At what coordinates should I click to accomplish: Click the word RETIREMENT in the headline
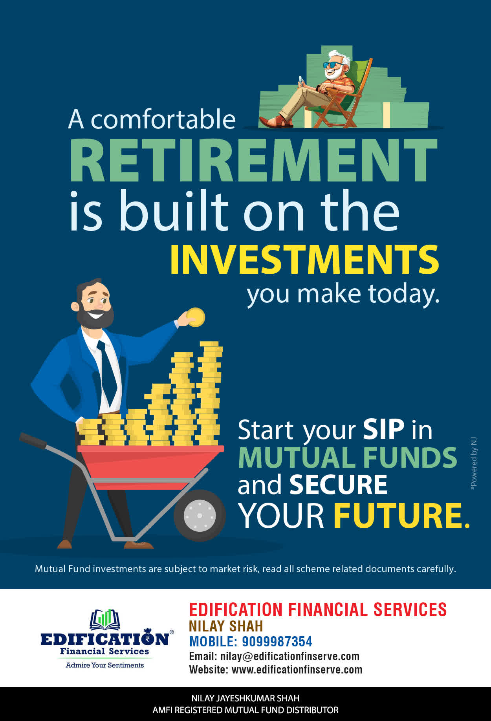coord(253,160)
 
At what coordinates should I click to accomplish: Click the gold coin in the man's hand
coord(196,317)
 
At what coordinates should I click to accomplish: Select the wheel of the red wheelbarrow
coord(200,515)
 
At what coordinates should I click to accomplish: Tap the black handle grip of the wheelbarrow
coord(33,440)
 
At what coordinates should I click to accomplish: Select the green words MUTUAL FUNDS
coord(348,457)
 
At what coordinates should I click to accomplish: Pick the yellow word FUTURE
coord(401,515)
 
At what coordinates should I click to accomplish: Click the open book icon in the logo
coord(105,619)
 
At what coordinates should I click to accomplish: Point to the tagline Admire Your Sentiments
coord(105,665)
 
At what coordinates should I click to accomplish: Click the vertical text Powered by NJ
coord(474,463)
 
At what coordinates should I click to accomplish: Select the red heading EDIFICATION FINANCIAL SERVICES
coord(318,609)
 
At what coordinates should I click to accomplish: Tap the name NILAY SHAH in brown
coord(226,626)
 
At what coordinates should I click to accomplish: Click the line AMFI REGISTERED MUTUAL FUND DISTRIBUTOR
coord(245,710)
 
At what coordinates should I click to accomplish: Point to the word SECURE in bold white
coord(338,485)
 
